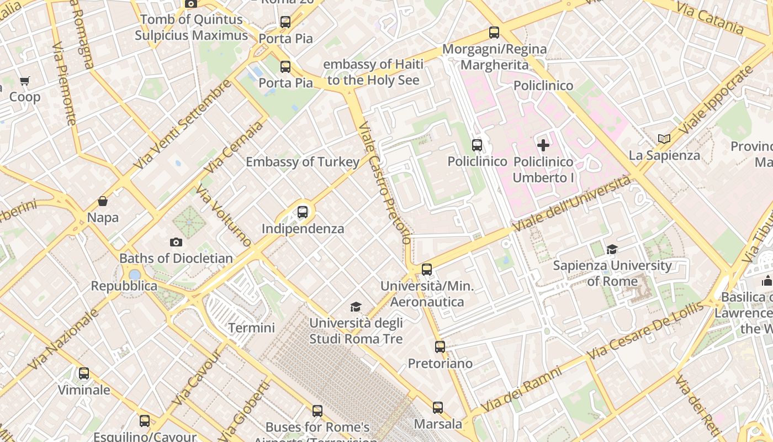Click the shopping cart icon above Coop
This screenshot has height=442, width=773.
point(25,81)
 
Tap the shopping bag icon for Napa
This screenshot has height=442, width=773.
point(103,201)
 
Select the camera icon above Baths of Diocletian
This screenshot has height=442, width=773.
point(176,242)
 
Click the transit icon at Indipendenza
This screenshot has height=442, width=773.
point(303,212)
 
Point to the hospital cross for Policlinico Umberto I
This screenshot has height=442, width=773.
point(543,145)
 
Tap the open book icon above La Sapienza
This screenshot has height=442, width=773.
point(664,139)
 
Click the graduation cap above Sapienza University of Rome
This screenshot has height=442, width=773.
point(612,249)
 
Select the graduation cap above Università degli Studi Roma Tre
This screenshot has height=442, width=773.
point(356,307)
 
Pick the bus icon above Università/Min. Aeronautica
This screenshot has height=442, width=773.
point(427,270)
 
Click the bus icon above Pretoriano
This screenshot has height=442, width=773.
point(440,347)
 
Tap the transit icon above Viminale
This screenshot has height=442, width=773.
point(84,373)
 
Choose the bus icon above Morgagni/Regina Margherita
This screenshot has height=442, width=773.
point(494,33)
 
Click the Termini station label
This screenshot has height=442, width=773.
point(251,328)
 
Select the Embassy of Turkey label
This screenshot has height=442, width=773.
point(303,162)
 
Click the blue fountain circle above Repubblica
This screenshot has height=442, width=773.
point(135,275)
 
